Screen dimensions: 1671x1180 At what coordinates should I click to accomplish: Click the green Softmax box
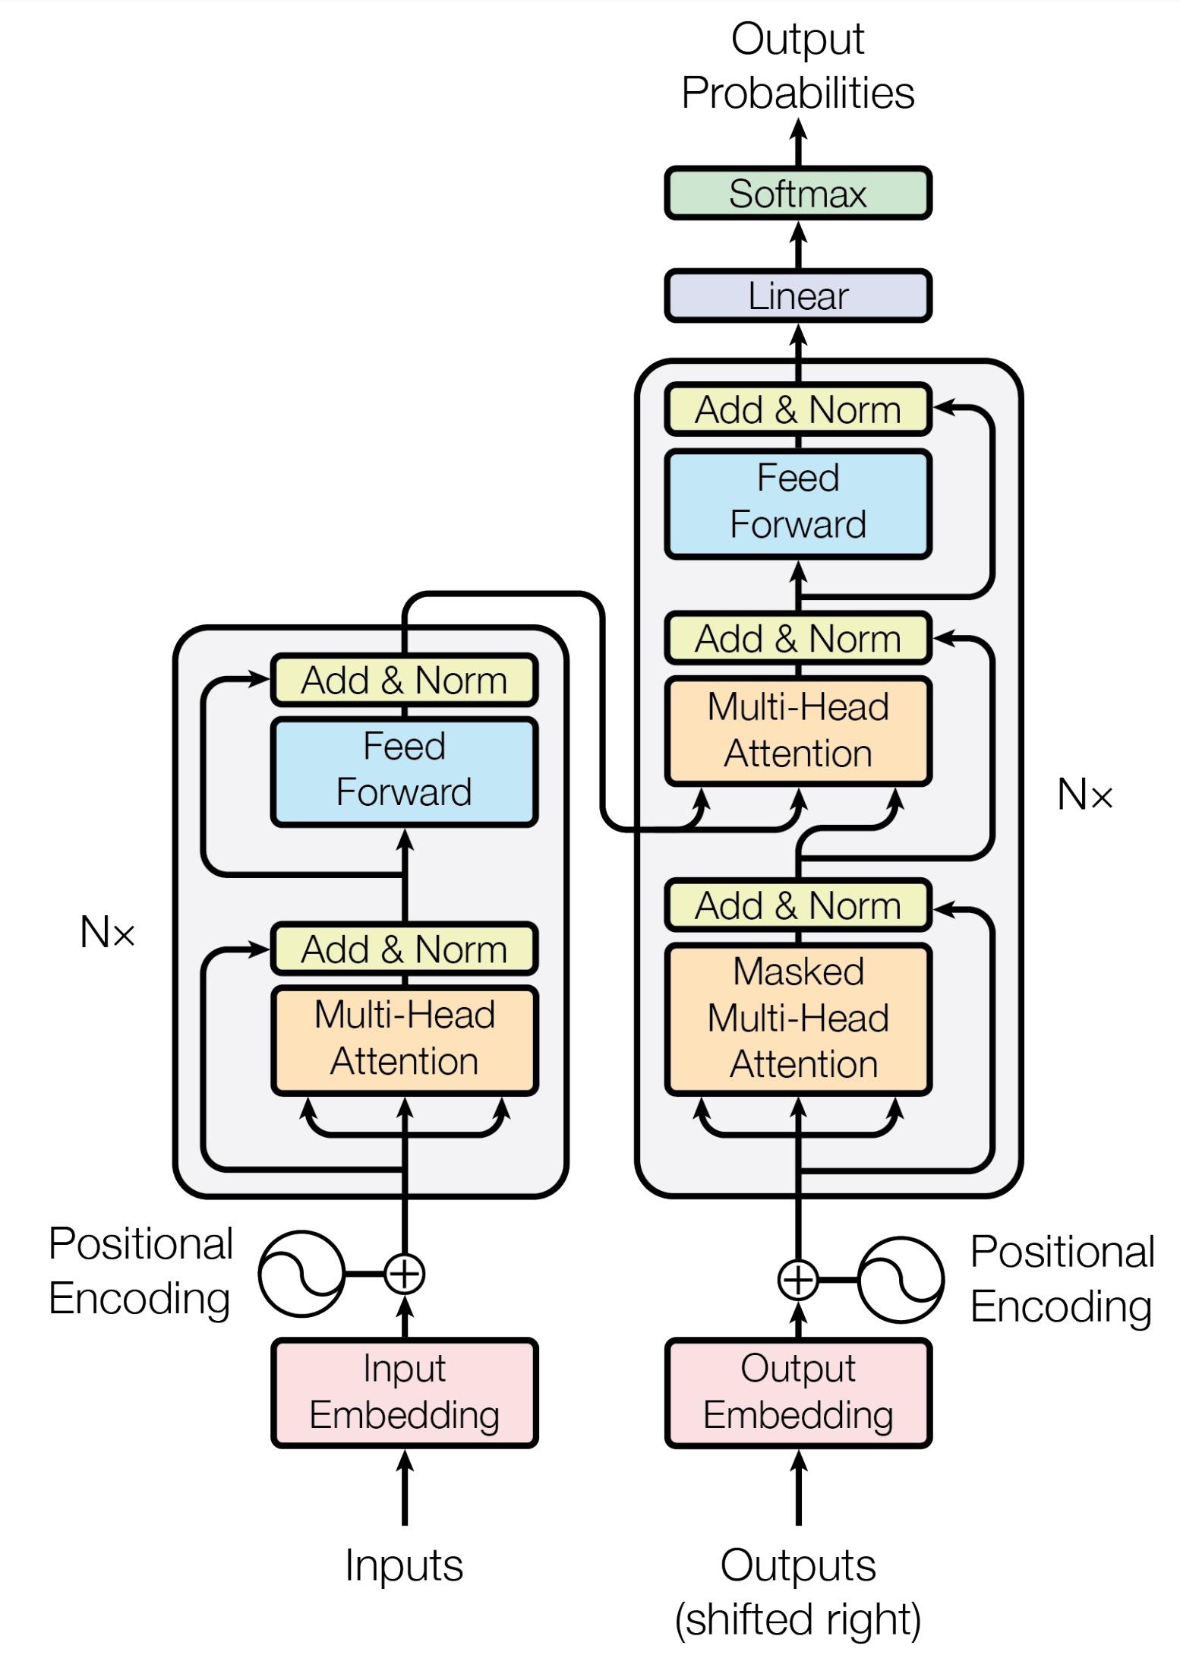coord(797,194)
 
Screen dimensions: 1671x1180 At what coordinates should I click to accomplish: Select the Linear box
coord(797,296)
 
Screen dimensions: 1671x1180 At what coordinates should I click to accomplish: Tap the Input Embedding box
coord(404,1393)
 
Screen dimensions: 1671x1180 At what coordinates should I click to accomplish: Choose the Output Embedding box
coord(797,1393)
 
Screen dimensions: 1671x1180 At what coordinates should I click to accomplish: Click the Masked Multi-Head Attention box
coord(797,1019)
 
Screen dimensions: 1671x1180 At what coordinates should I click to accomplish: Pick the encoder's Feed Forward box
coord(404,770)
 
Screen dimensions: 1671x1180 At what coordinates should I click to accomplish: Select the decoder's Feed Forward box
coord(797,503)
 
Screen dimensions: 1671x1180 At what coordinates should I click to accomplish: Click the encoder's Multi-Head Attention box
coord(404,1039)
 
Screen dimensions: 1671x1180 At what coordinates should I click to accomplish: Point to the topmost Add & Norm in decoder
coord(797,410)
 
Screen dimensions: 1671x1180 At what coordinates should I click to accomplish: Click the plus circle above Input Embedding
coord(404,1274)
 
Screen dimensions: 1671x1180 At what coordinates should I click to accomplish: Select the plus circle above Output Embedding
coord(798,1281)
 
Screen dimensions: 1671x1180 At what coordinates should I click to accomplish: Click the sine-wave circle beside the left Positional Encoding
coord(301,1274)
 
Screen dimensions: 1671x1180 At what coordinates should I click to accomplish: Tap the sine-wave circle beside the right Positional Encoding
coord(901,1281)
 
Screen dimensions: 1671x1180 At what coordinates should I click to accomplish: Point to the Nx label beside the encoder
coord(107,932)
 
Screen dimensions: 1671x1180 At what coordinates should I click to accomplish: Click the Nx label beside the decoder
coord(1084,795)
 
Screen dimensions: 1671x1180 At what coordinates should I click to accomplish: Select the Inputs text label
coord(404,1566)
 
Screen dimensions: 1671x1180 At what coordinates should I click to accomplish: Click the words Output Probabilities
coord(797,66)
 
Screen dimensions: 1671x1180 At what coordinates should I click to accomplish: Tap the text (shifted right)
coord(797,1619)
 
